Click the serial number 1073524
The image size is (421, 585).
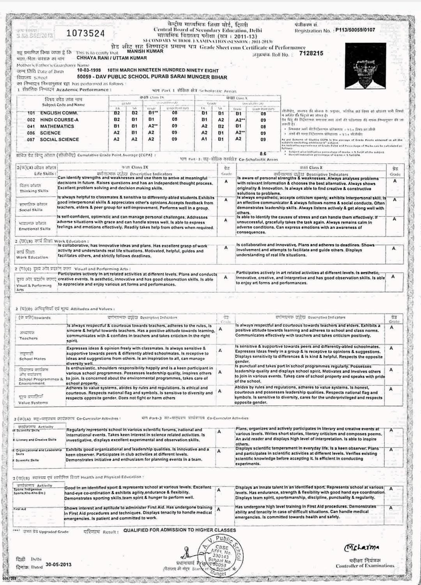[x=86, y=34]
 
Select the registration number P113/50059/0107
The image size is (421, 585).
[x=355, y=30]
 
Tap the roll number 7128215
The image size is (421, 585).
[x=311, y=53]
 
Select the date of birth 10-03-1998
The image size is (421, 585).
[x=89, y=71]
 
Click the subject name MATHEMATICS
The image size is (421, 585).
[x=57, y=126]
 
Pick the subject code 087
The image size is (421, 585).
[x=31, y=140]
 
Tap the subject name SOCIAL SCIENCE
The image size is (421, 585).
[x=59, y=140]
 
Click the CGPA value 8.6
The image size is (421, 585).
[x=263, y=154]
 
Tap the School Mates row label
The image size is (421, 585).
[x=32, y=359]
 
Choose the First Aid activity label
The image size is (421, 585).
[x=20, y=509]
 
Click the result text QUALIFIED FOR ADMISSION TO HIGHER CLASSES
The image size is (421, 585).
[x=180, y=530]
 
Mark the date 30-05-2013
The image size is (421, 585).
[x=58, y=564]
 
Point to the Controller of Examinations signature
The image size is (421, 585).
[x=362, y=548]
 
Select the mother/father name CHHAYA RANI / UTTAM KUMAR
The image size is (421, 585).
[x=111, y=58]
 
